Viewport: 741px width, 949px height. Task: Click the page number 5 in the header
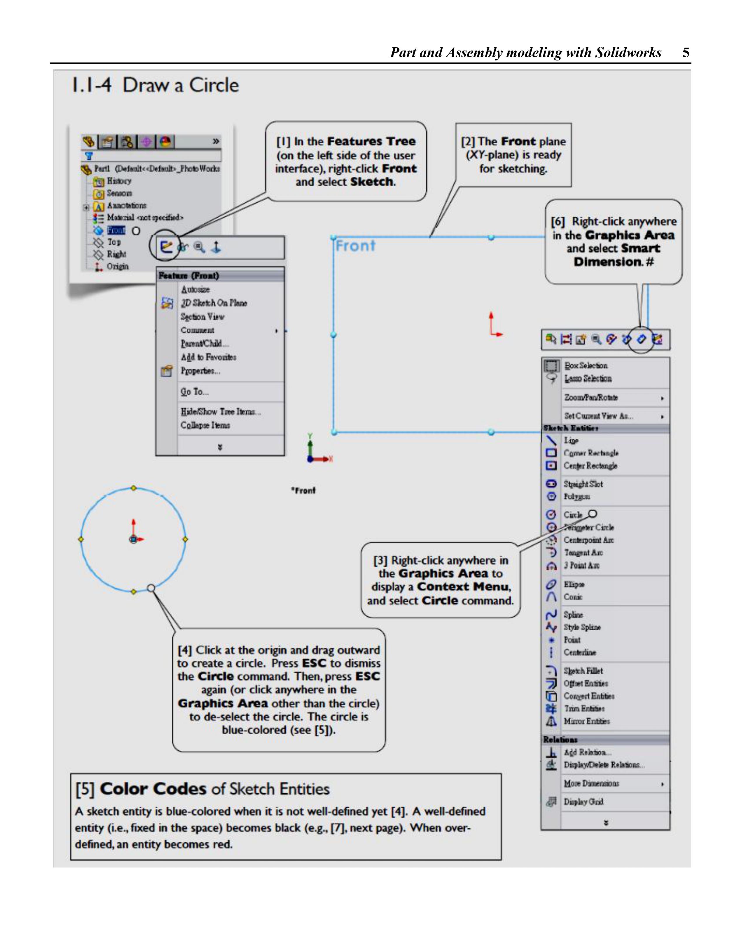[686, 53]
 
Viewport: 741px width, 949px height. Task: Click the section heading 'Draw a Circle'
[180, 85]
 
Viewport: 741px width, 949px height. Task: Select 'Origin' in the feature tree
[118, 266]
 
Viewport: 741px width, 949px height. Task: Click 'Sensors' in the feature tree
[119, 193]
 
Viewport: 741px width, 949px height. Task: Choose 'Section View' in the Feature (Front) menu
[202, 317]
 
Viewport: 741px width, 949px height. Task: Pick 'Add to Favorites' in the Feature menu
[208, 357]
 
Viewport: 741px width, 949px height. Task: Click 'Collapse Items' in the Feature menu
[205, 425]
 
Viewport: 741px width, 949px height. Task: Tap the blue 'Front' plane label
[355, 246]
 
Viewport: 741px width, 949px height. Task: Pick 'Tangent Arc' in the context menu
[583, 553]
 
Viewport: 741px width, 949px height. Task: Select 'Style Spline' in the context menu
[582, 627]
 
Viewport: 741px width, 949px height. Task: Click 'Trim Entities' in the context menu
[584, 708]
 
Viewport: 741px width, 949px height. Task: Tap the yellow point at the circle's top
[133, 488]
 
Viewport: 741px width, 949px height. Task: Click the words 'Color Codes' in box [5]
[153, 789]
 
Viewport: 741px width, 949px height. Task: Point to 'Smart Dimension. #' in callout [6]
[614, 262]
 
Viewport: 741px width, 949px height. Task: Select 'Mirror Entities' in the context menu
[586, 721]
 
